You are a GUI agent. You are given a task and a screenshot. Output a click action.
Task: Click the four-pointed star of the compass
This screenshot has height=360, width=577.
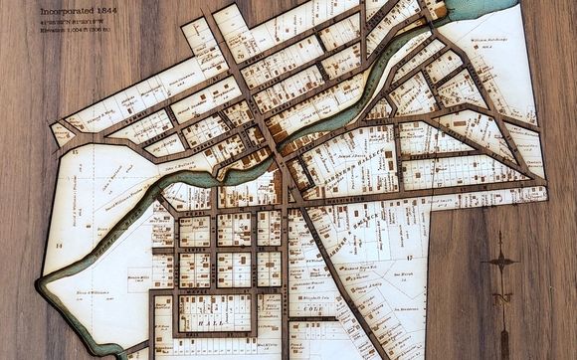click(x=500, y=262)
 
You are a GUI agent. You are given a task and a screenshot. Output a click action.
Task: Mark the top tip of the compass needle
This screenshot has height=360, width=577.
click(x=500, y=235)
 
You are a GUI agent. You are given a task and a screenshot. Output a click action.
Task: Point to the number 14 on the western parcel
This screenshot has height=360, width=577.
click(x=59, y=244)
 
